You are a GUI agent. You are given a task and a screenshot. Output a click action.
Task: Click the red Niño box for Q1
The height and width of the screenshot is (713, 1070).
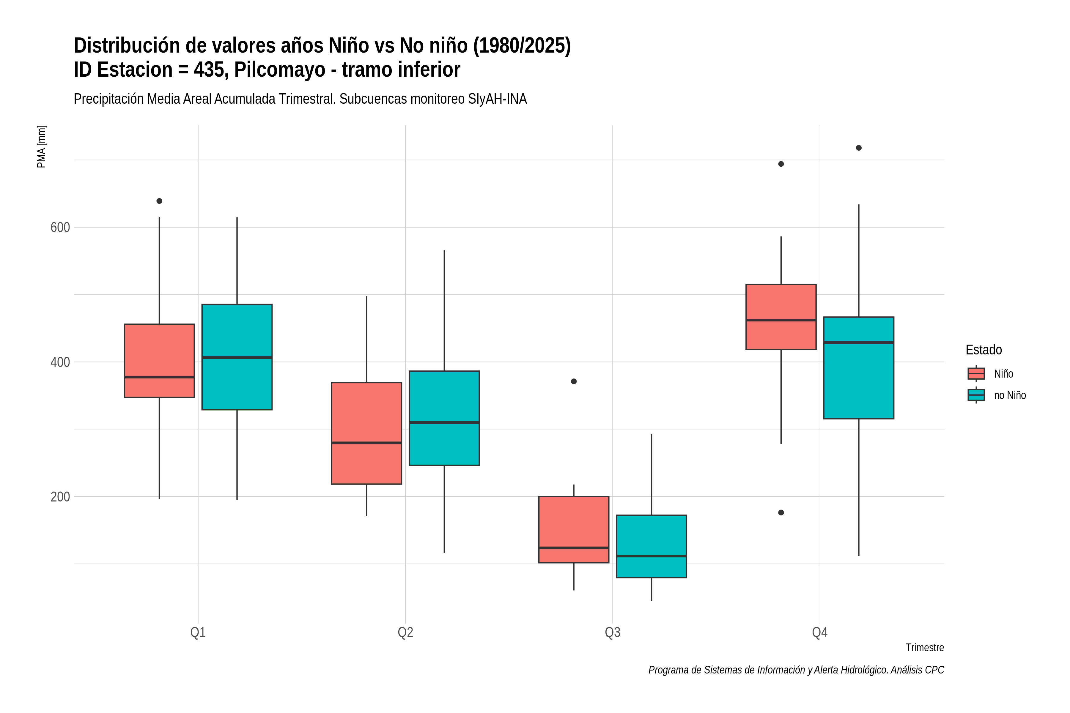[159, 361]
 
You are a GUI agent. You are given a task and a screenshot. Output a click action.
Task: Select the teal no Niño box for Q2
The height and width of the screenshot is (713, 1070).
[444, 418]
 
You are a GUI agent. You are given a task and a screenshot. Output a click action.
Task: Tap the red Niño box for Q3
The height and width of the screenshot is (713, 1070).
[574, 529]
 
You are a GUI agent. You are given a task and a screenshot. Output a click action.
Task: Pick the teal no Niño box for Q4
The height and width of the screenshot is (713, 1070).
[858, 367]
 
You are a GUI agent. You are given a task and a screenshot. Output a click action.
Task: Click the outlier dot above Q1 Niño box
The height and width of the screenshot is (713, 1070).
[159, 201]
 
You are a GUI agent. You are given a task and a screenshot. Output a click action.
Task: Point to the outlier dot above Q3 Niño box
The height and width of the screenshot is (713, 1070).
[574, 381]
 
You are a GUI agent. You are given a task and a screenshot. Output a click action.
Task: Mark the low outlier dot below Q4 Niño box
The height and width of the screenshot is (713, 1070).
[781, 512]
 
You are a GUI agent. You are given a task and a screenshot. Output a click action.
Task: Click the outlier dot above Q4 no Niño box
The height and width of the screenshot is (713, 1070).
[858, 148]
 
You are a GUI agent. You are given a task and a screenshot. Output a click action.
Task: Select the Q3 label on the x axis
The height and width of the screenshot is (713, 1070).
[612, 632]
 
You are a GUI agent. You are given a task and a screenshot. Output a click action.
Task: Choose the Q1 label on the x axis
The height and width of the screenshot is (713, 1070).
[198, 632]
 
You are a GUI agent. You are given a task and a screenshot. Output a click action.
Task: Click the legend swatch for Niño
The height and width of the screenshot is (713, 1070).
[976, 373]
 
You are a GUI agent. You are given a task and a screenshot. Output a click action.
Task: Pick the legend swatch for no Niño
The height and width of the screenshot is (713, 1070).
[976, 395]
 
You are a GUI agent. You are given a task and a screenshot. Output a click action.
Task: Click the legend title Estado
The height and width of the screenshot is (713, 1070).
[984, 350]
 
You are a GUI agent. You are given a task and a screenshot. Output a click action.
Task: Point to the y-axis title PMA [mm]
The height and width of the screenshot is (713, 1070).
[41, 146]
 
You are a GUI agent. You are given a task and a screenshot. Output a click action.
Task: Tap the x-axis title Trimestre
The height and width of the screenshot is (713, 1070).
[925, 648]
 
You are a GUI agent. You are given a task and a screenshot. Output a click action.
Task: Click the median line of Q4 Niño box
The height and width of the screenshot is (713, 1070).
[781, 320]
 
